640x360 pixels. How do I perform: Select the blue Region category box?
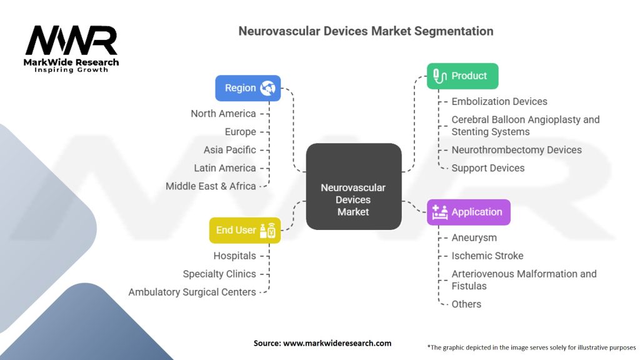coord(247,88)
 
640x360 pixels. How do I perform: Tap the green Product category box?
coord(462,76)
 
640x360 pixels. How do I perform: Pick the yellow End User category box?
coord(244,230)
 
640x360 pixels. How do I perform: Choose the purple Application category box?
coord(468,212)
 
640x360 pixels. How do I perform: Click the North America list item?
coord(224,114)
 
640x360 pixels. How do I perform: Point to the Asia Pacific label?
coord(229,150)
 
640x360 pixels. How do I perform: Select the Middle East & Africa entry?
coord(211,186)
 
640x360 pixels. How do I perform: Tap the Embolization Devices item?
coord(499,101)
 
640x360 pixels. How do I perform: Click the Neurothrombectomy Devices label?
coord(516,150)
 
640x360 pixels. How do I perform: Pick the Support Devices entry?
coord(487,168)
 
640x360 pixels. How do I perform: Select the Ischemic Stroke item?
coord(487,256)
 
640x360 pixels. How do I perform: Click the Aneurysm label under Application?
coord(474,237)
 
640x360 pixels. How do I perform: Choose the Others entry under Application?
coord(466,304)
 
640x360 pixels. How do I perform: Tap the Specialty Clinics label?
coord(219,274)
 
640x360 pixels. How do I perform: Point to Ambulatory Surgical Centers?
coord(192,292)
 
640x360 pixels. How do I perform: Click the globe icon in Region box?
coord(268,88)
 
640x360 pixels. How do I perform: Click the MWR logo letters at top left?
coord(71,41)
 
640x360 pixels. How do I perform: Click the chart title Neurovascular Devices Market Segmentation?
coord(366,31)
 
